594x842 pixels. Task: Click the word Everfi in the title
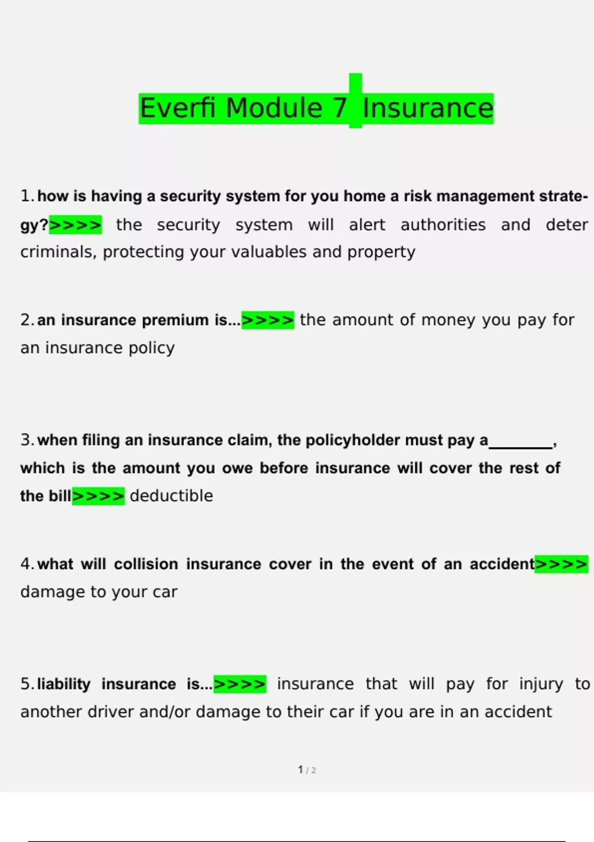pyautogui.click(x=178, y=108)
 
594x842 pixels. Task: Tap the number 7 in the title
pyautogui.click(x=340, y=108)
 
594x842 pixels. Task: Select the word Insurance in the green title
pyautogui.click(x=428, y=108)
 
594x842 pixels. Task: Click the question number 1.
pyautogui.click(x=27, y=196)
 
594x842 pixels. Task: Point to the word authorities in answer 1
pyautogui.click(x=443, y=225)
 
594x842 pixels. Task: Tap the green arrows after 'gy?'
pyautogui.click(x=76, y=225)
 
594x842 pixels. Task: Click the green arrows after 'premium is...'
pyautogui.click(x=267, y=320)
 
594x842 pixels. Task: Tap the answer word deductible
pyautogui.click(x=171, y=496)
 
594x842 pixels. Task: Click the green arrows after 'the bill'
pyautogui.click(x=98, y=496)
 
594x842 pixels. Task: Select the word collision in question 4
pyautogui.click(x=146, y=564)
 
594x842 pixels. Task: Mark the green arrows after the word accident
pyautogui.click(x=561, y=564)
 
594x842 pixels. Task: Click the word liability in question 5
pyautogui.click(x=64, y=684)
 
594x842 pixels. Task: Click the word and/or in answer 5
pyautogui.click(x=165, y=712)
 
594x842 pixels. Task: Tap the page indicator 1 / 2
pyautogui.click(x=307, y=770)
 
